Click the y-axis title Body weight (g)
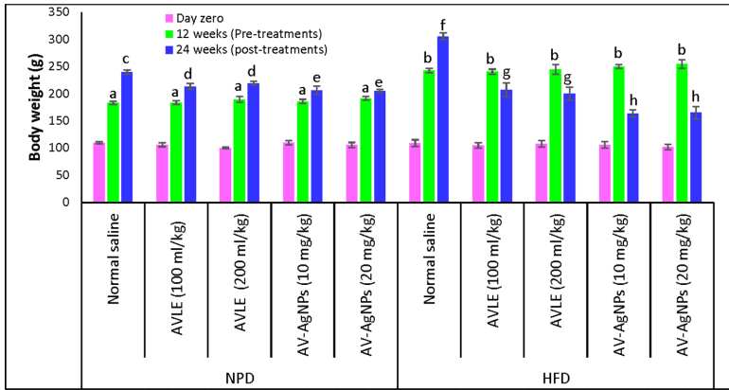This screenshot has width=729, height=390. (35, 104)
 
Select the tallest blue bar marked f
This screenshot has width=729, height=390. (442, 118)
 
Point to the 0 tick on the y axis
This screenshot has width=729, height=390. (68, 202)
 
